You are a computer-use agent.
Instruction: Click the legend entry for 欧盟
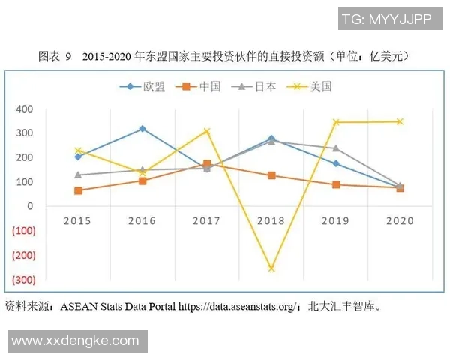(x=147, y=86)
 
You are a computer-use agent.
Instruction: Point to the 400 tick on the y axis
(x=25, y=109)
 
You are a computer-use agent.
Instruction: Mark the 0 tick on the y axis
(x=30, y=206)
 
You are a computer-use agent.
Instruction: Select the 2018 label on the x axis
(x=271, y=221)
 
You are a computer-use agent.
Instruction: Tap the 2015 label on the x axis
(x=78, y=221)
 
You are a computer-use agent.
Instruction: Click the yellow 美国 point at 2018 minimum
(x=271, y=268)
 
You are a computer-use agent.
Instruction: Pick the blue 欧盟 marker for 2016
(x=142, y=129)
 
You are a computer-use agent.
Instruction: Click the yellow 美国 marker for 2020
(x=400, y=121)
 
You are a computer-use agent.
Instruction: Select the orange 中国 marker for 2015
(x=78, y=190)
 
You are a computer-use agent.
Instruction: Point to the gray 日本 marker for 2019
(x=336, y=148)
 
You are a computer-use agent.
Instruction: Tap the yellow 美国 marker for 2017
(x=207, y=131)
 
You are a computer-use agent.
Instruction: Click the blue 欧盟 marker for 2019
(x=336, y=163)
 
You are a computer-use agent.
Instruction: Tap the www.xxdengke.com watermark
(x=75, y=340)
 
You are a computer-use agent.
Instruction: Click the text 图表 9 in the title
(x=55, y=56)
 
